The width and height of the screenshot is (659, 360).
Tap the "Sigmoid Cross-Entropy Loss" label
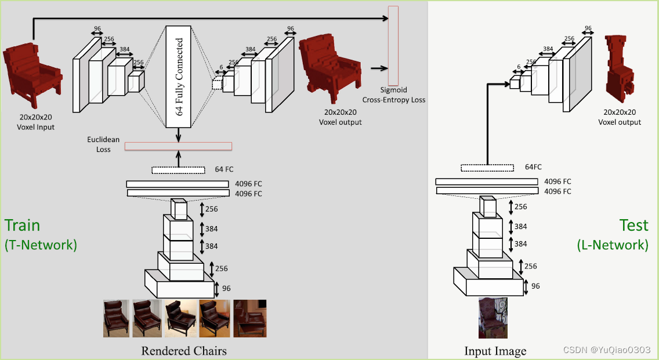coord(394,95)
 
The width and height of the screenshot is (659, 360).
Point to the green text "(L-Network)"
coord(613,245)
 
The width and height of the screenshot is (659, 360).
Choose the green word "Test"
coord(633,225)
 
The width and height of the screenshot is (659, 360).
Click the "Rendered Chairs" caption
coord(184,351)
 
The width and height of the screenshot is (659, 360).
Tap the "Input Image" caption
coord(495,351)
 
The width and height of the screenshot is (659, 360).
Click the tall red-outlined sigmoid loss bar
coord(393,45)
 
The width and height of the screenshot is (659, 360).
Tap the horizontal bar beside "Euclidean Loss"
coord(178,146)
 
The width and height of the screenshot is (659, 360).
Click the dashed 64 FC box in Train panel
coord(178,170)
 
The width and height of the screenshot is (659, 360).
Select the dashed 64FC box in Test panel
coord(487,168)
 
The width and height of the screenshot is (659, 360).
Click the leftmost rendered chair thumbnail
coord(115,318)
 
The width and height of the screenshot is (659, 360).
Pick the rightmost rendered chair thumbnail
coord(250,318)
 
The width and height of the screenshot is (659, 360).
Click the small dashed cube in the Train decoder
coord(217,84)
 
